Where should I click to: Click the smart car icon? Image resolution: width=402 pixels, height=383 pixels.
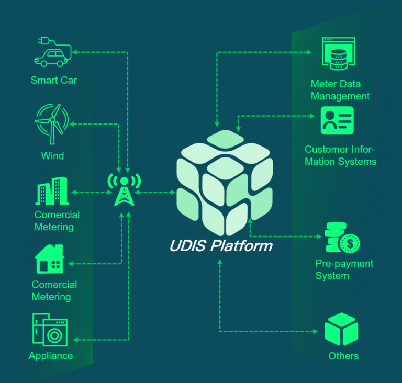(51, 53)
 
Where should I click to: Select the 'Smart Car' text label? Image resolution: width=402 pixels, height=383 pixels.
(53, 80)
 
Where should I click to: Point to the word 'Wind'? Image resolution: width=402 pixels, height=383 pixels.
(52, 155)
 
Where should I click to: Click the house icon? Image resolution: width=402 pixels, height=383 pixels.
(49, 260)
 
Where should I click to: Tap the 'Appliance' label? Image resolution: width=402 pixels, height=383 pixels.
(51, 356)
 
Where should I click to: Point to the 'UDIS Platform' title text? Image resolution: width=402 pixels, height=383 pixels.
(221, 245)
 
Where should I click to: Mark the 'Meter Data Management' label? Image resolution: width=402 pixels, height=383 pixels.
(340, 90)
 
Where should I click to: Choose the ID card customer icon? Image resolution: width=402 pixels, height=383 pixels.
(337, 120)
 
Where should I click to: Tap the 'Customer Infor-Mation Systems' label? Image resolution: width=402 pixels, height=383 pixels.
(340, 155)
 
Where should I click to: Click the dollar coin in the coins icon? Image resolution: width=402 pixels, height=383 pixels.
(349, 243)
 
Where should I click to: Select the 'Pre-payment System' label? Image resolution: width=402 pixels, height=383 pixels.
(344, 269)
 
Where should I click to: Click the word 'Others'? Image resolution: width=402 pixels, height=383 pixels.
(343, 356)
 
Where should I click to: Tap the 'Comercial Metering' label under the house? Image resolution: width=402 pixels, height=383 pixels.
(54, 290)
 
